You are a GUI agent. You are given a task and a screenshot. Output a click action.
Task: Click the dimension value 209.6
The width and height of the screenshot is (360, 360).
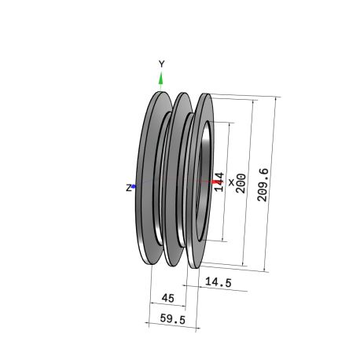click(x=263, y=185)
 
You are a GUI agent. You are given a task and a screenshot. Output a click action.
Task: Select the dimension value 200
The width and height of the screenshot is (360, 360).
click(x=241, y=183)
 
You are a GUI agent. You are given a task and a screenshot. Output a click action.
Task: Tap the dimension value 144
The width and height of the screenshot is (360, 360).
click(x=219, y=182)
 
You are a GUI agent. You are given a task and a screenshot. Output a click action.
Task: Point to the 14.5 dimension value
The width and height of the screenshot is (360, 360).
click(x=219, y=282)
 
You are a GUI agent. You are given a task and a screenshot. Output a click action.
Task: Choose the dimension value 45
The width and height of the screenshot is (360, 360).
click(x=168, y=298)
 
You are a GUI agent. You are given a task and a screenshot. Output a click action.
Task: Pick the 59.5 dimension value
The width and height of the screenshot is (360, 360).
click(x=173, y=319)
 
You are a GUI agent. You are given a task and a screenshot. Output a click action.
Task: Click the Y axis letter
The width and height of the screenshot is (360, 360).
click(x=162, y=64)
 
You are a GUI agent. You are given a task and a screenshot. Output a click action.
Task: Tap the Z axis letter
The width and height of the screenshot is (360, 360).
click(x=128, y=188)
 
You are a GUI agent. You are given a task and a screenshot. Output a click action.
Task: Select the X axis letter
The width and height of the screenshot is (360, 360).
click(x=231, y=182)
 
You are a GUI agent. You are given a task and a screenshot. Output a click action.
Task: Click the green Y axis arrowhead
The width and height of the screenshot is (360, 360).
click(x=161, y=79)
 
